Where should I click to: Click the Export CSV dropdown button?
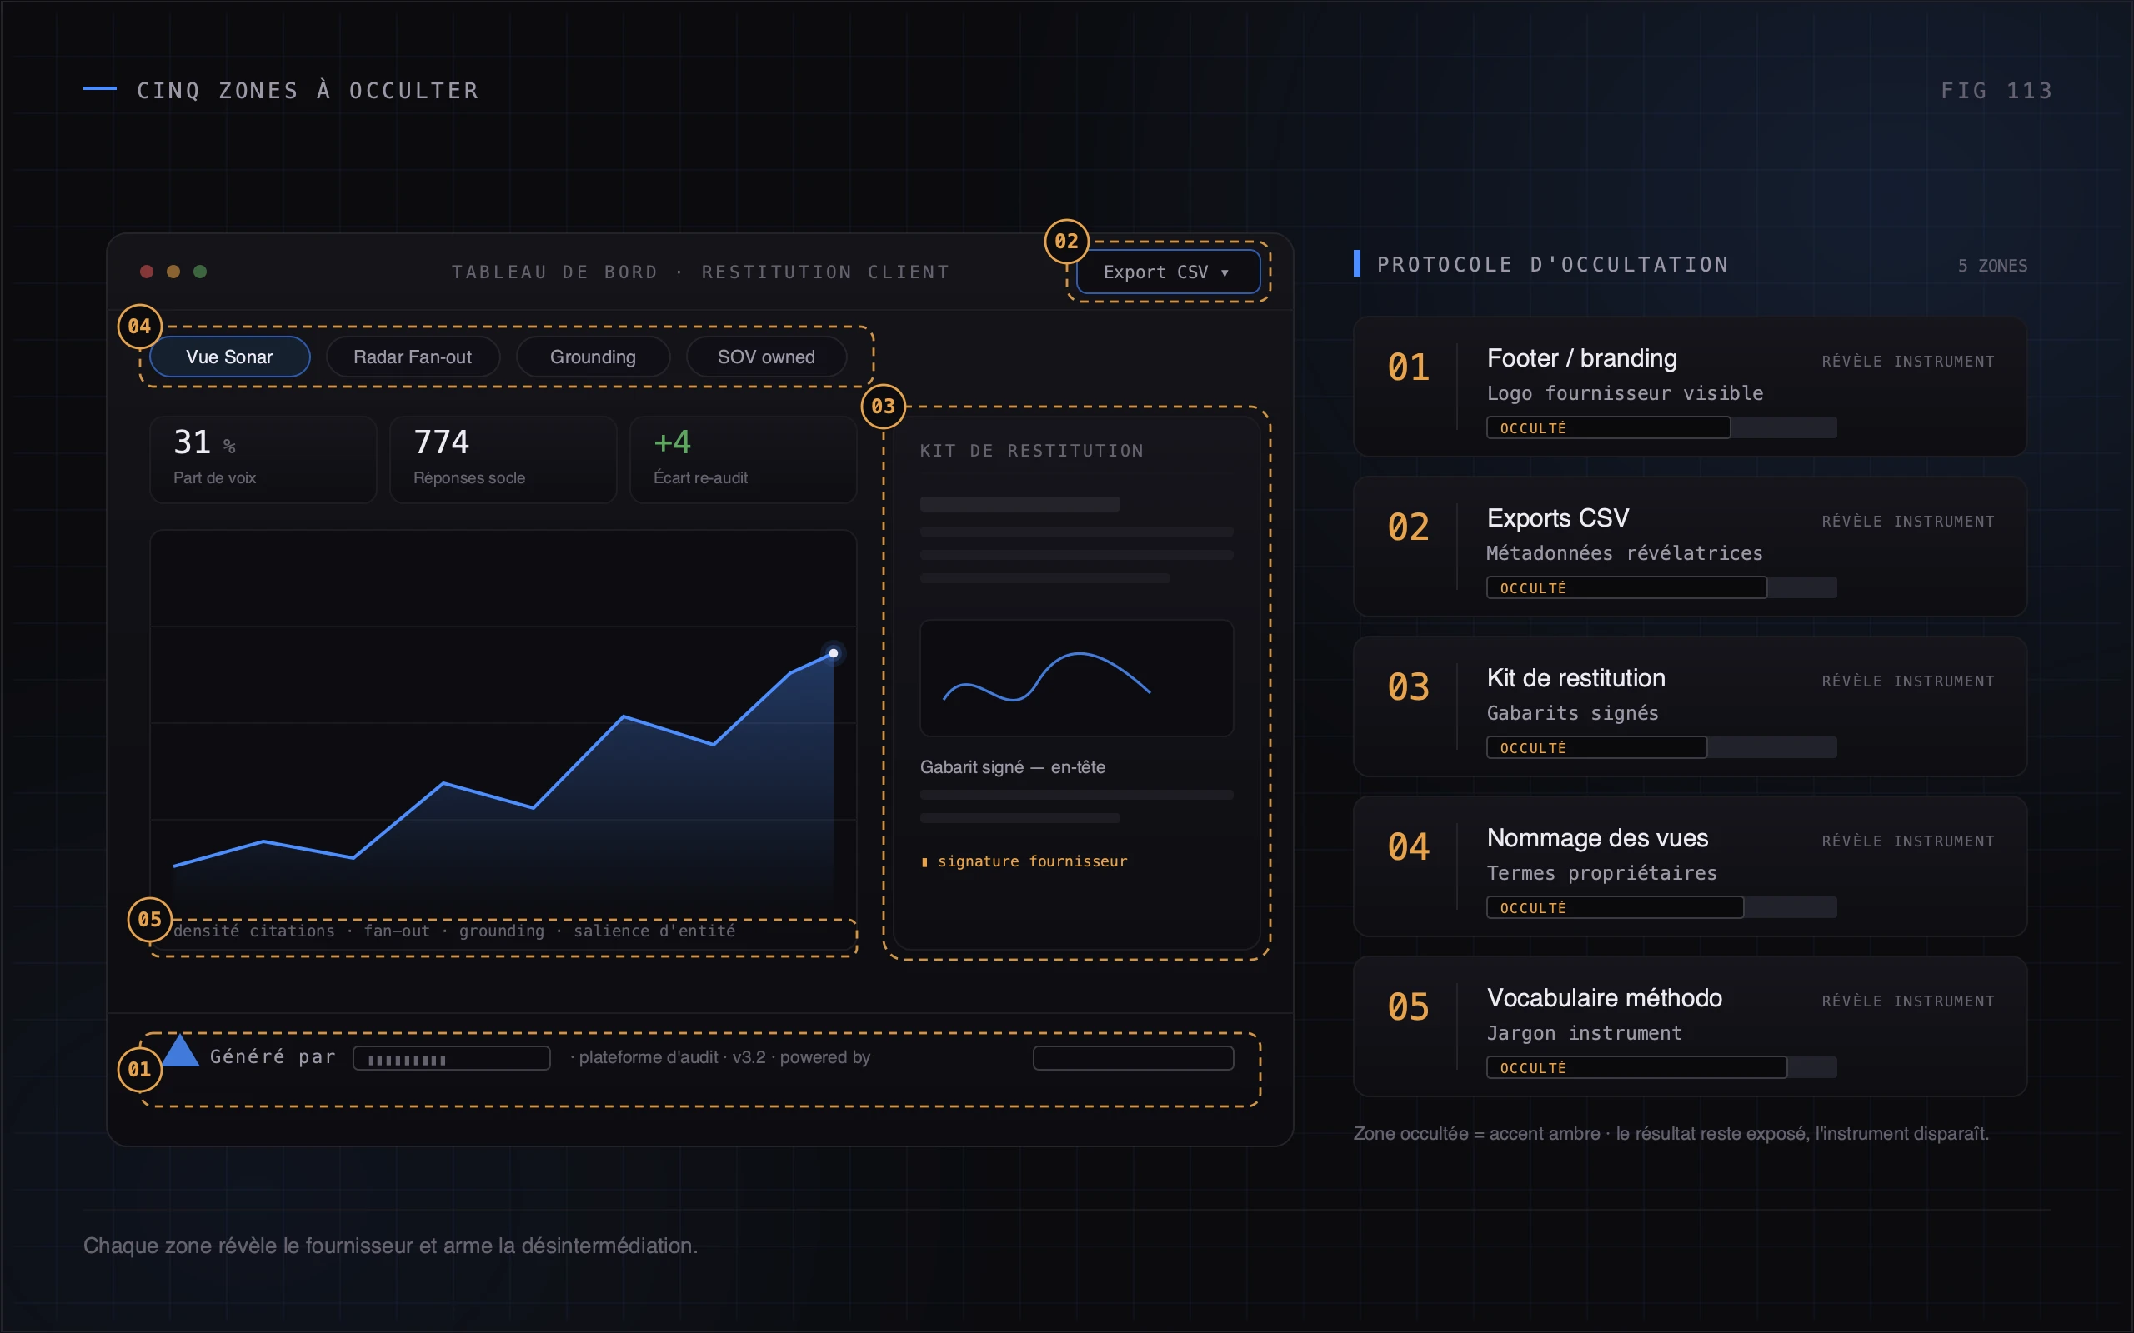[1168, 272]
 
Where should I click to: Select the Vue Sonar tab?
[229, 357]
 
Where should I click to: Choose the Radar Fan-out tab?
[413, 357]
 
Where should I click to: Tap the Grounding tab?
[593, 357]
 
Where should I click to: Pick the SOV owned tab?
[766, 357]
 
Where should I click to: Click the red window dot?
[148, 272]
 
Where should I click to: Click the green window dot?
[200, 272]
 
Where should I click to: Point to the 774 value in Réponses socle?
[441, 442]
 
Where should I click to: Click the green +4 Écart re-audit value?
[672, 442]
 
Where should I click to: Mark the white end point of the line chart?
[834, 653]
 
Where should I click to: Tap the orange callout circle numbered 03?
[884, 407]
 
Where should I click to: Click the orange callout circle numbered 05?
[150, 920]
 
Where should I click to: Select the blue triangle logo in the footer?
[181, 1050]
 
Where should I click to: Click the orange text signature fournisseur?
[1032, 861]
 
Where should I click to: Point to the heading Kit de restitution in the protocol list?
[1575, 678]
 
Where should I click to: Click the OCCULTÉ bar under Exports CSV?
[1626, 588]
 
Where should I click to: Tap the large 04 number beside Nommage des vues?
[1408, 847]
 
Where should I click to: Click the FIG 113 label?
[1996, 91]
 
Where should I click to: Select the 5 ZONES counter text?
[1992, 266]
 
